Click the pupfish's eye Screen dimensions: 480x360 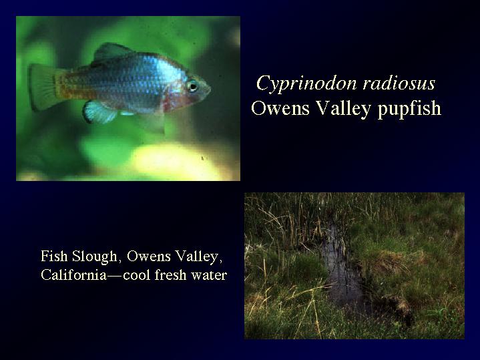(192, 85)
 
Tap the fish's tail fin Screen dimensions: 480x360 (43, 87)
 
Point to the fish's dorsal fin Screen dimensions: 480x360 (111, 53)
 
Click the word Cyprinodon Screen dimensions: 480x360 (306, 84)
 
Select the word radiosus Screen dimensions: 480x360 (399, 83)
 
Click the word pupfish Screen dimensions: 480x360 (409, 109)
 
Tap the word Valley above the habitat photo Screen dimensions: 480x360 (343, 110)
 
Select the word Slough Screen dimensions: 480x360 (95, 256)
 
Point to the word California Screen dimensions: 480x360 (74, 275)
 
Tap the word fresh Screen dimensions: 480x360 (170, 275)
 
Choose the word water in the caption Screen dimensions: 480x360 (209, 275)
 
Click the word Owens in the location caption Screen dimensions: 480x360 (148, 256)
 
